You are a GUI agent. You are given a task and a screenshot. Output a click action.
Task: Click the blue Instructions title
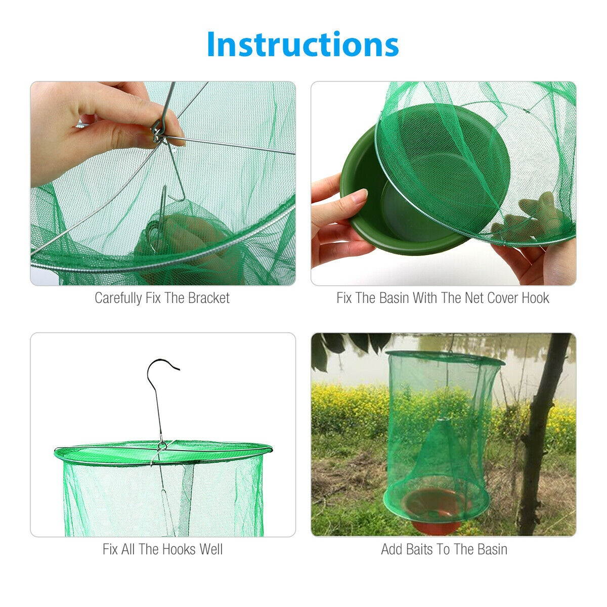302,44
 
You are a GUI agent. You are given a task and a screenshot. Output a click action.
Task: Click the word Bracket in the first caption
208,298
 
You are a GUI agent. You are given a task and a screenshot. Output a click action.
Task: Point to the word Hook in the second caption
534,298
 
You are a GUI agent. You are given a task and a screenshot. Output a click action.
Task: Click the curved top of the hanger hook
163,363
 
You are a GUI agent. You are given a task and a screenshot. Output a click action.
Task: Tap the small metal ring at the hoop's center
162,446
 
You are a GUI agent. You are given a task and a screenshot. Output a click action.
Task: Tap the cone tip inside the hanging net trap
441,421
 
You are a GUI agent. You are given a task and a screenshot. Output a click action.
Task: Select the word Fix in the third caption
110,549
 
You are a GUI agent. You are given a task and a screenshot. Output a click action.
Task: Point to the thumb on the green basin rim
354,197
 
